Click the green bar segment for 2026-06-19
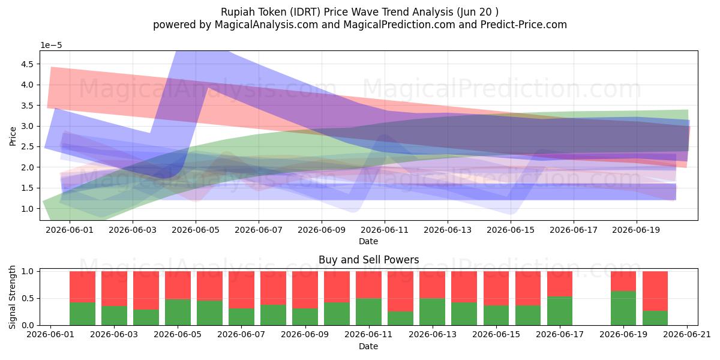click(623, 308)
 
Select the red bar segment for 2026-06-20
click(655, 291)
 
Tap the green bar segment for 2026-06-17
click(560, 311)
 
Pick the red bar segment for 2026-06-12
click(401, 291)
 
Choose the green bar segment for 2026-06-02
click(82, 314)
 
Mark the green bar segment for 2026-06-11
click(368, 312)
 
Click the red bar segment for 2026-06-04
click(146, 290)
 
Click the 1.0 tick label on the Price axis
click(27, 209)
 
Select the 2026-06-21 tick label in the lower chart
click(687, 335)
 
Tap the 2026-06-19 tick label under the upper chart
click(636, 230)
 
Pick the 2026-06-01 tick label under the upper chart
click(70, 230)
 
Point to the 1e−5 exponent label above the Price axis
click(51, 46)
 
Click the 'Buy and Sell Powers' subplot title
click(368, 260)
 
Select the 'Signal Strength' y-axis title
click(12, 298)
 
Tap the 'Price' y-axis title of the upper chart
click(13, 136)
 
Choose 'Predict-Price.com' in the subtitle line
click(524, 25)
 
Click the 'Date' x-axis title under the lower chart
click(368, 346)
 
